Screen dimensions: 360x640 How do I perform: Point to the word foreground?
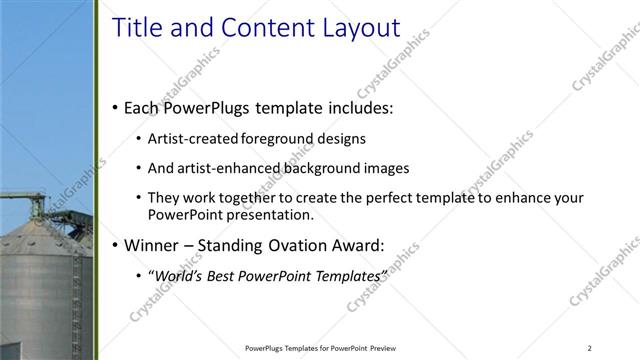coord(277,139)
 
